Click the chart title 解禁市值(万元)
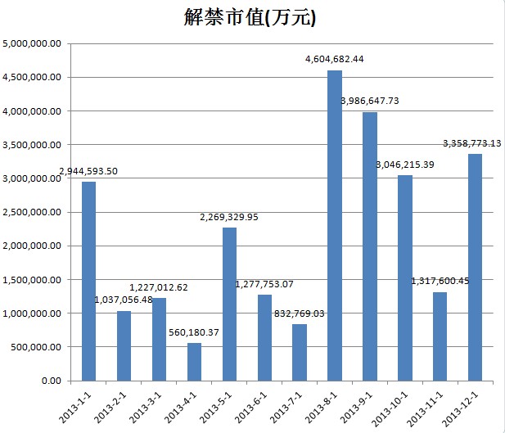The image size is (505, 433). (x=250, y=18)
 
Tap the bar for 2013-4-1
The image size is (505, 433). (x=194, y=362)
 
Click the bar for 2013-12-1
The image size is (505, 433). (x=475, y=267)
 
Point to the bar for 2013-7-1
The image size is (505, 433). (x=300, y=352)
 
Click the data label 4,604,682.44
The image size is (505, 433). (x=334, y=59)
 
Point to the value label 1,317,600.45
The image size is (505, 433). (x=440, y=281)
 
